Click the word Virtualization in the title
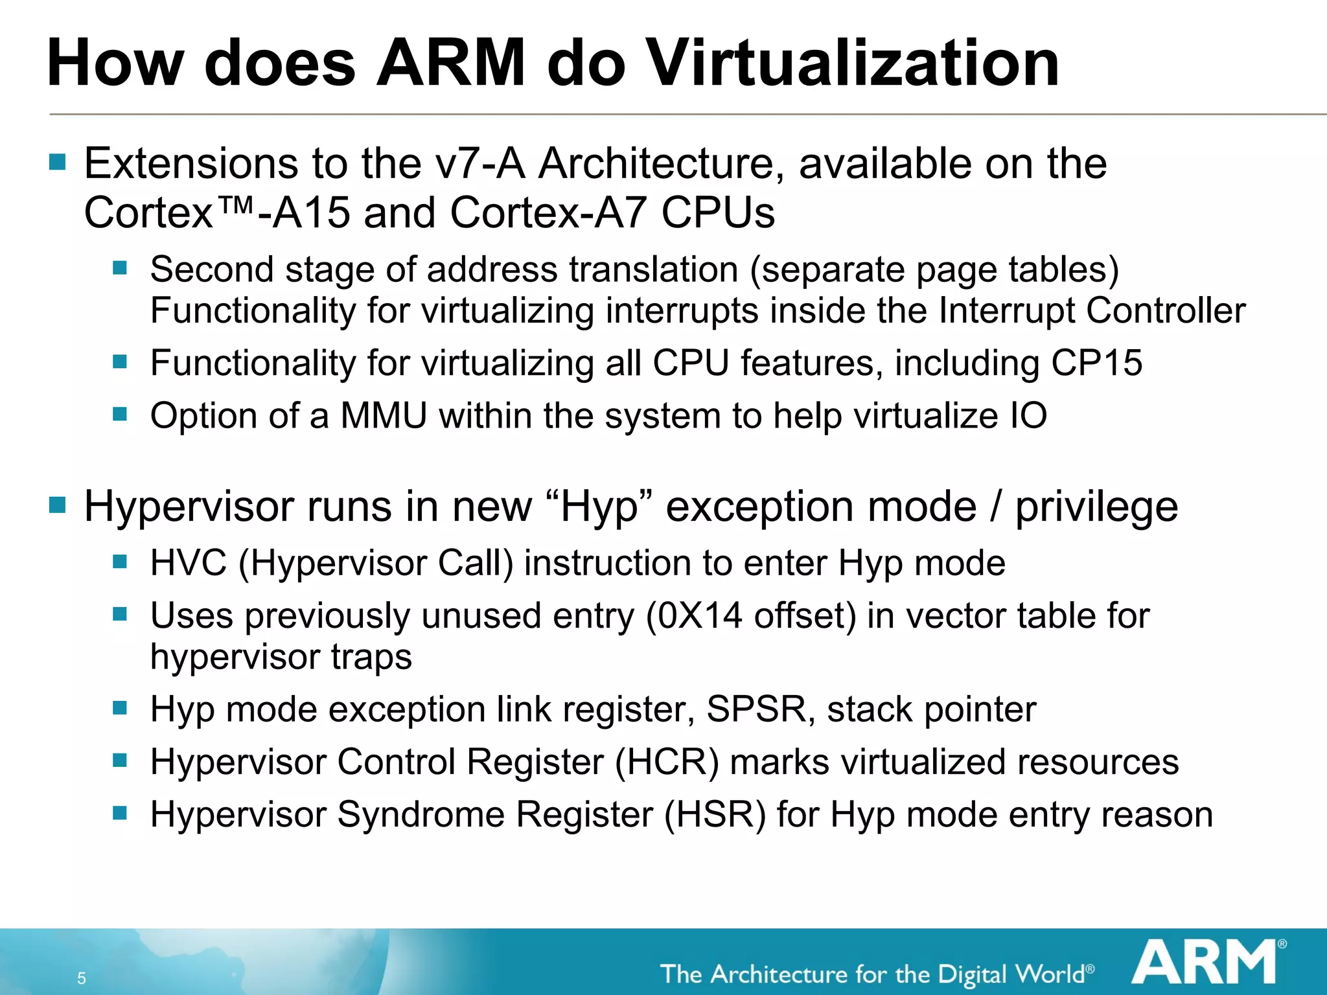click(854, 63)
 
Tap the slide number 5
click(82, 978)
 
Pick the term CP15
click(1096, 363)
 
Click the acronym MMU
click(384, 415)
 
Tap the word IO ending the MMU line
click(1028, 415)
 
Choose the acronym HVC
click(189, 562)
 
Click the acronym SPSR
click(756, 709)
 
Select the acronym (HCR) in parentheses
click(667, 761)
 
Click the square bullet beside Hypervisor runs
click(58, 505)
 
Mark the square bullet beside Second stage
click(120, 268)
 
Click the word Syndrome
click(421, 814)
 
